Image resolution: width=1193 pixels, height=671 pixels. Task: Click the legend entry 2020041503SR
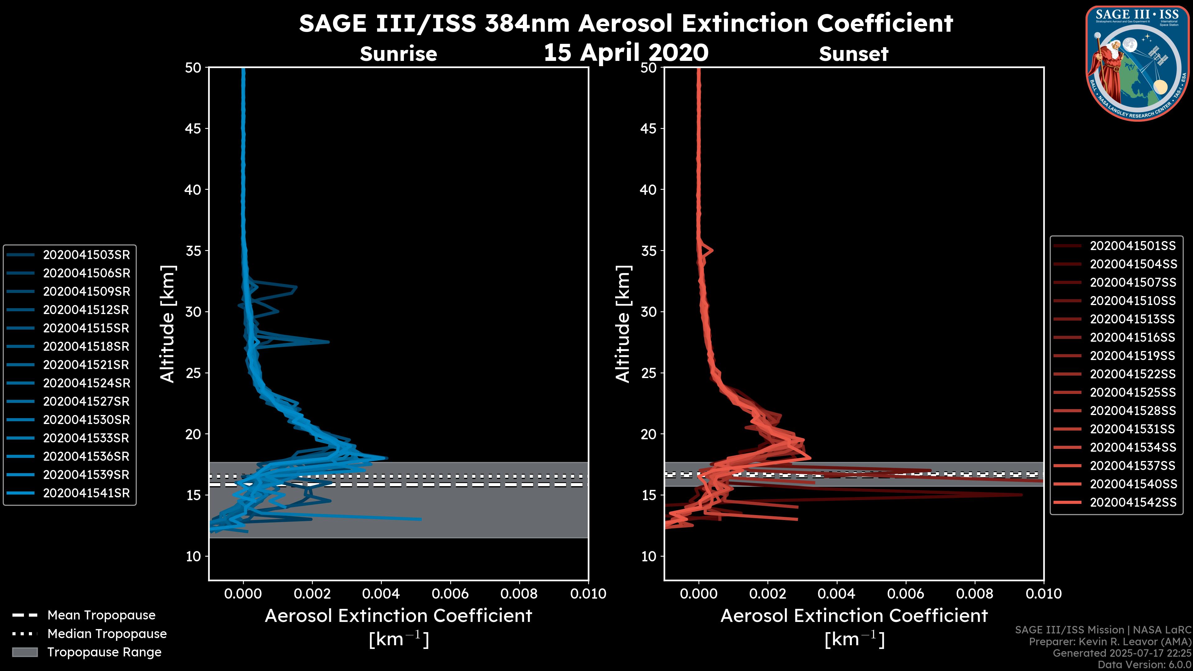click(x=86, y=255)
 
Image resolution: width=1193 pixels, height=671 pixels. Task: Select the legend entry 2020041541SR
click(x=86, y=493)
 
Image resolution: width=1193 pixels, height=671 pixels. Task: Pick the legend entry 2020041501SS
click(x=1132, y=246)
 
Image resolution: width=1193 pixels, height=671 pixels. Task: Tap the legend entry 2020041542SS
click(x=1132, y=502)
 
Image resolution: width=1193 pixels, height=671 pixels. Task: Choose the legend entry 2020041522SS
click(x=1132, y=374)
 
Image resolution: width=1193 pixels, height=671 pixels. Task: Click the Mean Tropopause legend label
click(x=101, y=615)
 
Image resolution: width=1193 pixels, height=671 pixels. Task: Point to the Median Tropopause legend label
click(x=107, y=634)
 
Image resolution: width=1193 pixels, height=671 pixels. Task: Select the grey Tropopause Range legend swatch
click(x=25, y=652)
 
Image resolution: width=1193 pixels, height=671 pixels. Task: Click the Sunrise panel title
click(x=398, y=54)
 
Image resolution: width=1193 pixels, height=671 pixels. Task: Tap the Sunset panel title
click(x=853, y=54)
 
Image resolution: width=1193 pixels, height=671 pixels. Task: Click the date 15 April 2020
click(x=626, y=52)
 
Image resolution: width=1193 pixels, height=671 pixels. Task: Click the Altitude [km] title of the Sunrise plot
click(x=167, y=324)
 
